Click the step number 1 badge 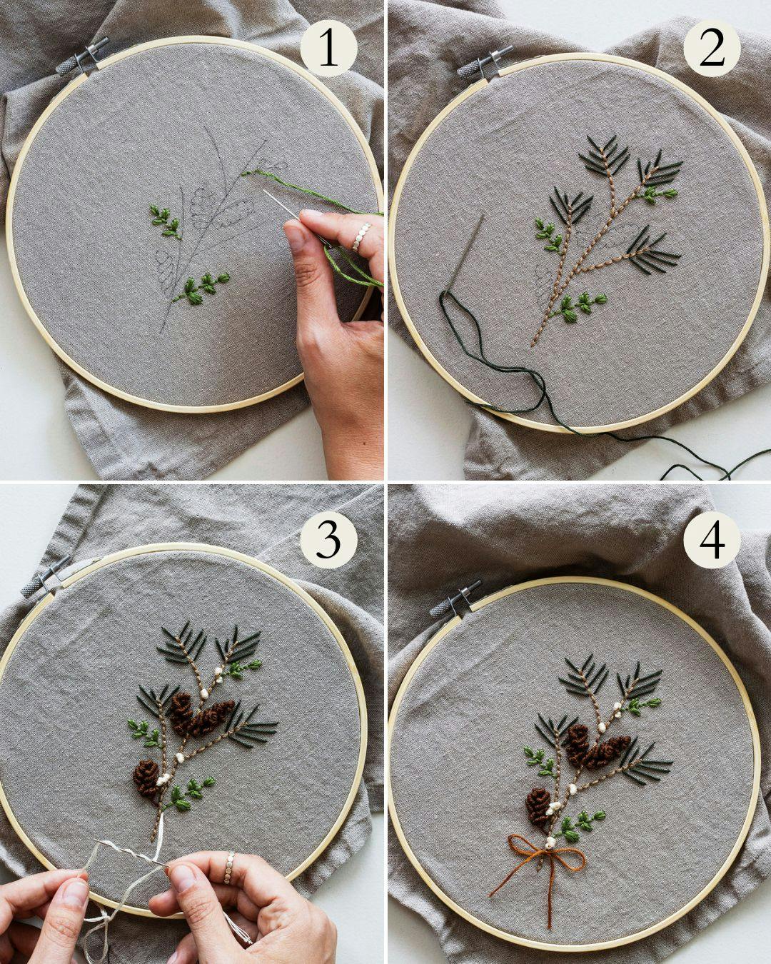click(x=328, y=49)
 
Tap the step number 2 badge click(x=712, y=49)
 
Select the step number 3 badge click(x=328, y=541)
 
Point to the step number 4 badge click(x=712, y=541)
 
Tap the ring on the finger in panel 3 click(x=229, y=866)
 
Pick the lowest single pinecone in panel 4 click(x=538, y=805)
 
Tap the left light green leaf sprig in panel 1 click(x=165, y=221)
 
